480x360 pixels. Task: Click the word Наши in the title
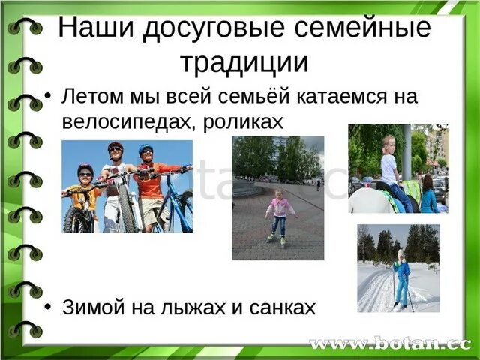[x=91, y=28]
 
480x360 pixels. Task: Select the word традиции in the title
[x=244, y=62]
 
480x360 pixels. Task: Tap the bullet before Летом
[x=49, y=97]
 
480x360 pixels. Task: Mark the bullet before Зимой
[x=49, y=307]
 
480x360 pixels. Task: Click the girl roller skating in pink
[x=280, y=213]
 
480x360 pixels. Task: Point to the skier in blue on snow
[x=403, y=277]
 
